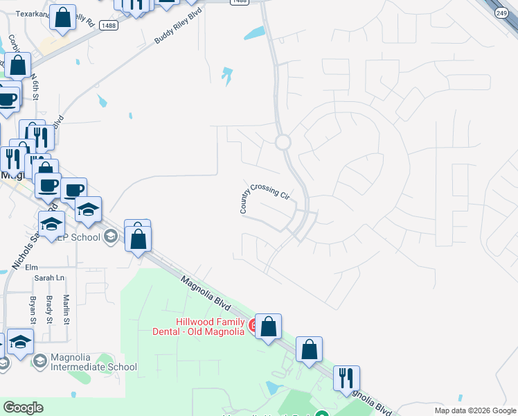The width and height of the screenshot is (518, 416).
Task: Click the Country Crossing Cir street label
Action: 265,197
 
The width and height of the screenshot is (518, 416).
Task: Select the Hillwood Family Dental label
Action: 200,326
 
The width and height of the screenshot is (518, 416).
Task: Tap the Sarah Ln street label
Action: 48,278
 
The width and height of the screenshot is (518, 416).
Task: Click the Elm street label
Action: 30,267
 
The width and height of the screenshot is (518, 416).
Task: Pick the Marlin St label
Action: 66,309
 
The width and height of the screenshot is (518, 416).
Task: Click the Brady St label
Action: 49,309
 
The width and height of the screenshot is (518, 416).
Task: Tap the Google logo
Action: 23,408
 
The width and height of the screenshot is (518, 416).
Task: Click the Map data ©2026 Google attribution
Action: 475,410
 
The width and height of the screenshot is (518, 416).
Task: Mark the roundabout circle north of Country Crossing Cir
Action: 283,142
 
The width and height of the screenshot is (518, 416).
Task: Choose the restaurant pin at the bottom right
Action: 346,379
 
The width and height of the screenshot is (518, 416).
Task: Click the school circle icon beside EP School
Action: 110,237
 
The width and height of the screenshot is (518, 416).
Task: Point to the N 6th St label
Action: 35,87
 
